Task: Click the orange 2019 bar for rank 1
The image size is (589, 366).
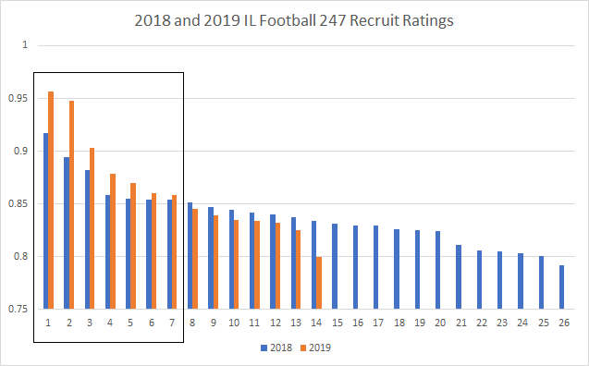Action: [51, 200]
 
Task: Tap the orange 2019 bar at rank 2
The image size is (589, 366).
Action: [71, 204]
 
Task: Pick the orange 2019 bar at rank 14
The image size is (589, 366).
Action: [319, 283]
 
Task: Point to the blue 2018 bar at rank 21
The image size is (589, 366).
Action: [458, 277]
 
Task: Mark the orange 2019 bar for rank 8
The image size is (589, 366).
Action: [195, 259]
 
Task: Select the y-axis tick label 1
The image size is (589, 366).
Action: [25, 44]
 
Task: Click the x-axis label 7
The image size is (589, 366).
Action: [171, 323]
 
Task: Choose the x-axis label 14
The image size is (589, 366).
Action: [315, 323]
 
